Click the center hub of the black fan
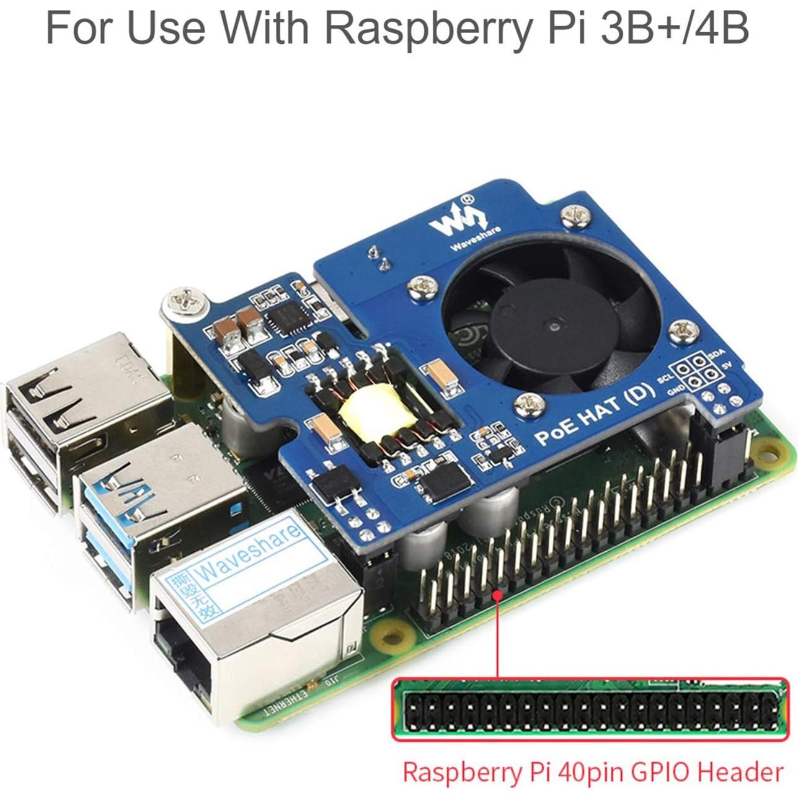[x=551, y=324]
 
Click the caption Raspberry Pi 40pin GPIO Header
[x=592, y=773]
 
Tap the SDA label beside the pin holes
[x=717, y=353]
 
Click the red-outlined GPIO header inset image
[x=585, y=709]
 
